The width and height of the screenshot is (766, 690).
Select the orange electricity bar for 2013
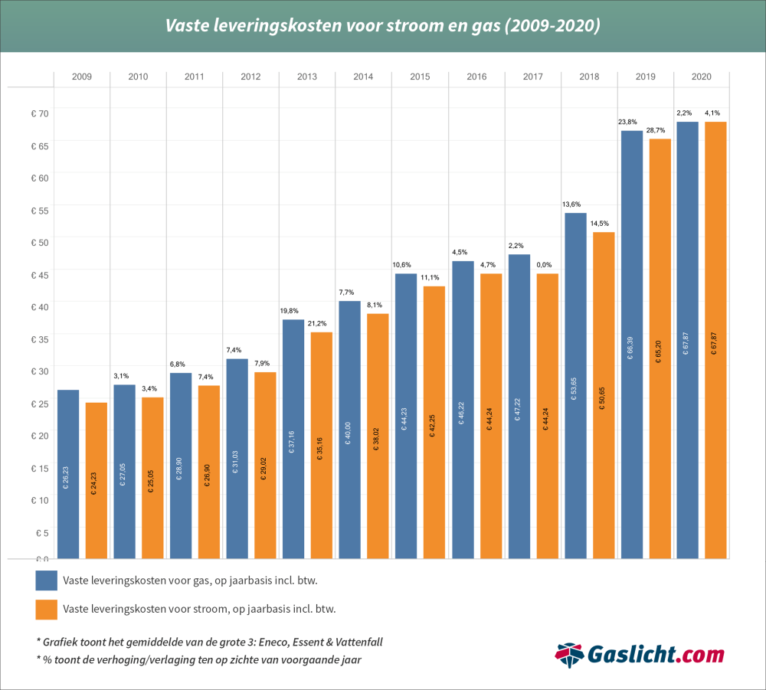(322, 444)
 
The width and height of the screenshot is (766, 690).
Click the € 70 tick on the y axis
(39, 113)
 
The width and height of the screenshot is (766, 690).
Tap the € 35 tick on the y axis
(39, 339)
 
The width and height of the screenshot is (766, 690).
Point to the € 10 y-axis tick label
(39, 500)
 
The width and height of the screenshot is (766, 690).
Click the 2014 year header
(364, 77)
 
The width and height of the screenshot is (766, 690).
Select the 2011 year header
(195, 77)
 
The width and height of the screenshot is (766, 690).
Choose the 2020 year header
(702, 77)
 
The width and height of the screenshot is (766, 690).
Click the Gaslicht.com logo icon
(569, 656)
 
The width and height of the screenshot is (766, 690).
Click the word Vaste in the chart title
(188, 26)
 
